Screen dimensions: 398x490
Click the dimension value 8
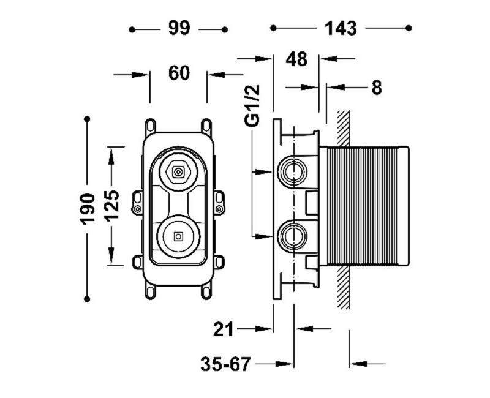point(376,88)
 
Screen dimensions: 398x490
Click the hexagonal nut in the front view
point(178,172)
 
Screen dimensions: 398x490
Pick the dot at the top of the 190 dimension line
point(88,118)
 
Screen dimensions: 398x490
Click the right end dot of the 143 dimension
point(409,28)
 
